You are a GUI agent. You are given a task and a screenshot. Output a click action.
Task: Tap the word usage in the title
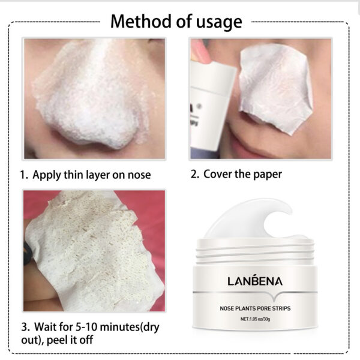[218, 23]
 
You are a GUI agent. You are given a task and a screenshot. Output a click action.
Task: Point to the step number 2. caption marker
[194, 175]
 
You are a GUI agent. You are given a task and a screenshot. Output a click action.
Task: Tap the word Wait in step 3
[44, 328]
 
